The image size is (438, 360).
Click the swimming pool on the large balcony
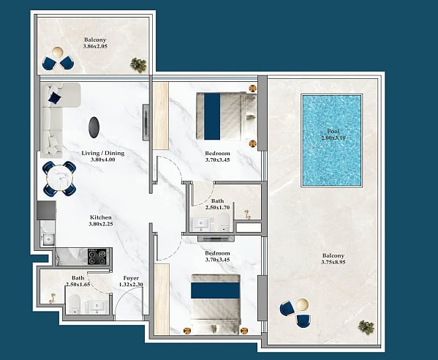(x=331, y=140)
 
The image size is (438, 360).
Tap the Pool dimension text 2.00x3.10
(x=333, y=138)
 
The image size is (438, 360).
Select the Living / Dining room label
(x=103, y=153)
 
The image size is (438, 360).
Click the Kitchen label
(x=101, y=217)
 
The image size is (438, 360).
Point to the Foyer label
(x=131, y=278)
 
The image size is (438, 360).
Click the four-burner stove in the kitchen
(x=97, y=257)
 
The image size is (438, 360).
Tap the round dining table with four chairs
(x=59, y=179)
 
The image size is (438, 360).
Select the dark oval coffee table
(x=94, y=127)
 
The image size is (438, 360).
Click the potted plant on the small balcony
(x=138, y=65)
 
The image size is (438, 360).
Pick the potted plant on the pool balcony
(x=366, y=327)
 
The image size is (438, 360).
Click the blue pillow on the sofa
(x=55, y=98)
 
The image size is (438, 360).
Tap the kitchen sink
(x=48, y=240)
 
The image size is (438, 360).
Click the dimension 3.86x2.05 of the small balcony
(x=95, y=46)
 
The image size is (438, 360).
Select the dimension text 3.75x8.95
(x=333, y=262)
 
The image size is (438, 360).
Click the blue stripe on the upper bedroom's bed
(x=212, y=116)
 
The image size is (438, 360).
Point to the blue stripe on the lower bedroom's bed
(x=216, y=290)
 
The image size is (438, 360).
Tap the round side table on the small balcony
(x=57, y=52)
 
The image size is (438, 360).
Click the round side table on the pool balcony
(x=303, y=304)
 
